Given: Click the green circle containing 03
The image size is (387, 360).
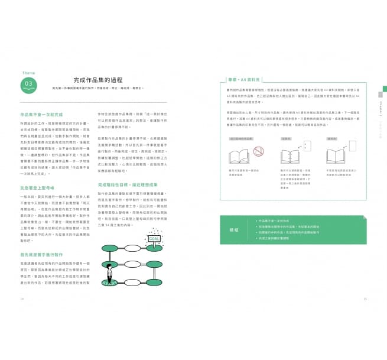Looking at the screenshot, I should tap(28, 83).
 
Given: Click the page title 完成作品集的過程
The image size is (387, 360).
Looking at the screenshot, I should tap(98, 80).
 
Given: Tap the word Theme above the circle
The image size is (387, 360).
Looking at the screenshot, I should tap(28, 73).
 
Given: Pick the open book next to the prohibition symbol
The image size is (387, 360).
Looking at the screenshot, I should tap(239, 157).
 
